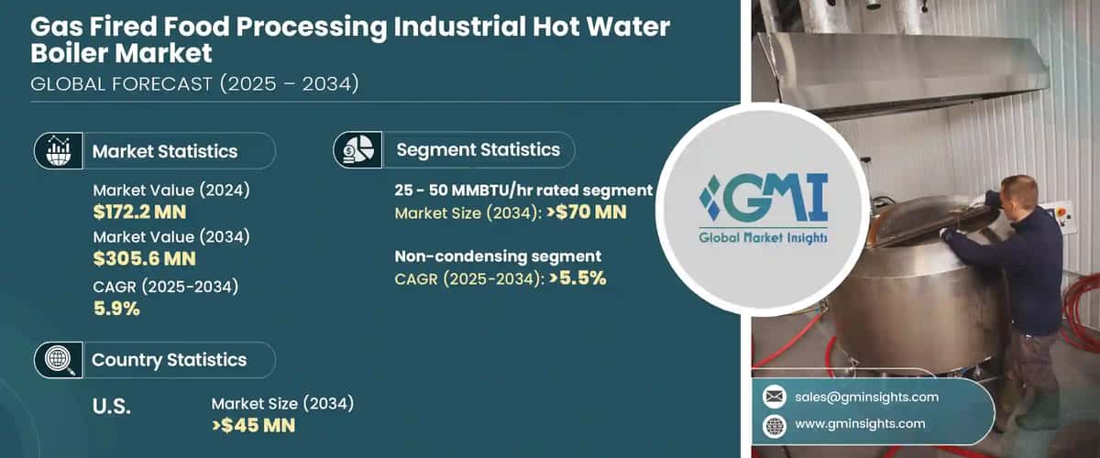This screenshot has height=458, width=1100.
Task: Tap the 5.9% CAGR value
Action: click(116, 309)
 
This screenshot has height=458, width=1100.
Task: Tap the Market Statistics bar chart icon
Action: click(57, 151)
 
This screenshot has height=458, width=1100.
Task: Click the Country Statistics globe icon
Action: click(57, 360)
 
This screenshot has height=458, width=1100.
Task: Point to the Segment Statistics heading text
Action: click(478, 149)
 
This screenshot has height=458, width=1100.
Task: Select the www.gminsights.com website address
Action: click(861, 424)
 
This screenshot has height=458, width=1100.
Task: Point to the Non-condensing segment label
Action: click(498, 256)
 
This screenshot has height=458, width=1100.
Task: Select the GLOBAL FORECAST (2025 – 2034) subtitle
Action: click(194, 84)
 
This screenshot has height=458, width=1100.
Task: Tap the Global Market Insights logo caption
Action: click(764, 238)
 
